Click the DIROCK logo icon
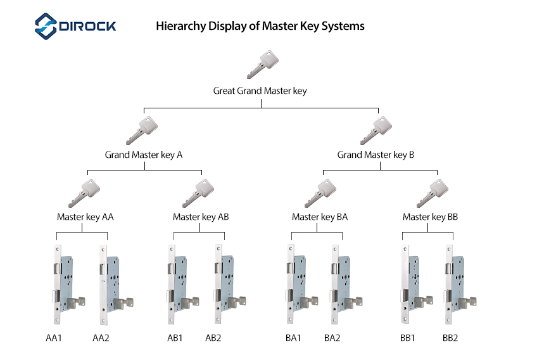pyautogui.click(x=46, y=26)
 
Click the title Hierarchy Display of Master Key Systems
pyautogui.click(x=260, y=27)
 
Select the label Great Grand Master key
pyautogui.click(x=260, y=91)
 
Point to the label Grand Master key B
pyautogui.click(x=376, y=155)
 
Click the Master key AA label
pyautogui.click(x=85, y=217)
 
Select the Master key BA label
pyautogui.click(x=320, y=217)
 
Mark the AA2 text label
pyautogui.click(x=101, y=338)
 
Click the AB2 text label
pyautogui.click(x=213, y=338)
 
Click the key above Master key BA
pyautogui.click(x=320, y=193)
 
